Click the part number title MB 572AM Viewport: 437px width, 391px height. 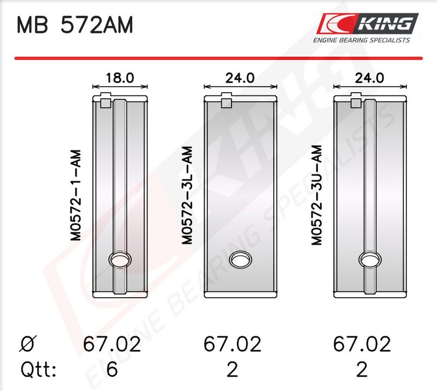(x=75, y=25)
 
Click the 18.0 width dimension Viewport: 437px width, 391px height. (x=120, y=78)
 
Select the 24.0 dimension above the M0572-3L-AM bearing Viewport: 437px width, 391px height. (x=240, y=78)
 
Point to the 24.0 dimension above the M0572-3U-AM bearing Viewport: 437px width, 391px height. (x=370, y=78)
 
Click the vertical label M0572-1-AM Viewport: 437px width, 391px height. (x=75, y=195)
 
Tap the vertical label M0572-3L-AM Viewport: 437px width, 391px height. (x=187, y=195)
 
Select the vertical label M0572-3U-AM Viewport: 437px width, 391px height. (x=317, y=195)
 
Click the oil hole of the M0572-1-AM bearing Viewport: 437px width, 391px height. (x=120, y=260)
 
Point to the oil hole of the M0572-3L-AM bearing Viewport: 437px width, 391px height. (x=240, y=260)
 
